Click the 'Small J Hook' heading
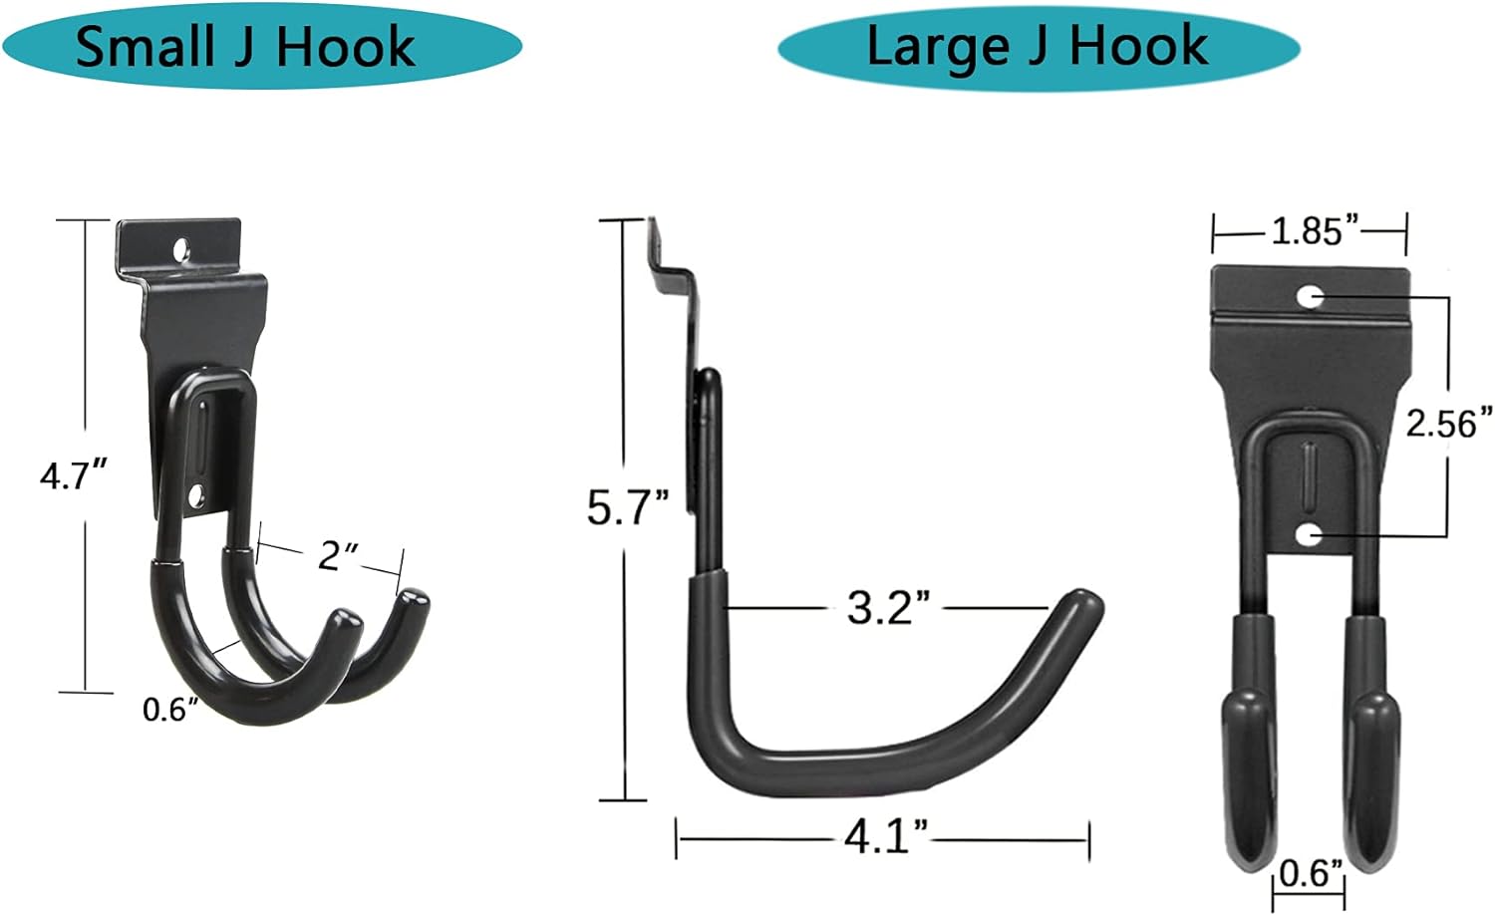tap(245, 48)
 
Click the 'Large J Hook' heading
tap(1038, 47)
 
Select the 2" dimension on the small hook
tap(331, 556)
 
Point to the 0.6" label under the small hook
tap(163, 710)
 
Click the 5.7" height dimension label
tap(627, 507)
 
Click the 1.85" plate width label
tap(1315, 231)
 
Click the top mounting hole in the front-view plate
tap(1311, 296)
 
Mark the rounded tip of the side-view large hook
tap(1083, 606)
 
